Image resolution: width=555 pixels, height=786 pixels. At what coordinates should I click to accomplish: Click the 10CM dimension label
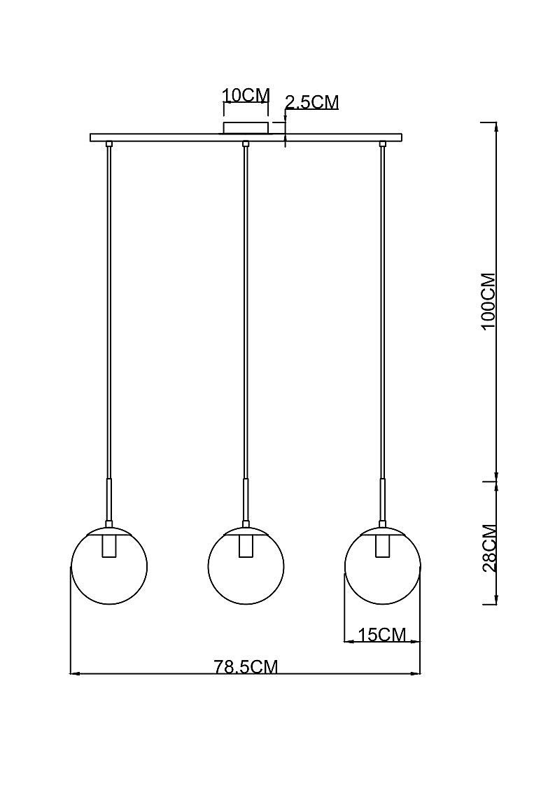[x=246, y=94]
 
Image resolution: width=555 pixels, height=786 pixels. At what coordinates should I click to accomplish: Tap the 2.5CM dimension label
[x=312, y=101]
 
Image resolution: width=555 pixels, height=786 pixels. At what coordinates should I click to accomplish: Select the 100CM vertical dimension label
[x=488, y=301]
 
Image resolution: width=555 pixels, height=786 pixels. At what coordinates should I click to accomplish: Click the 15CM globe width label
[x=382, y=635]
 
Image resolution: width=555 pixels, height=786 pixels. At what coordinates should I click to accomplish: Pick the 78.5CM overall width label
[x=246, y=667]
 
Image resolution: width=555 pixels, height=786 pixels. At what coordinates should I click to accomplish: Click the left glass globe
[x=109, y=566]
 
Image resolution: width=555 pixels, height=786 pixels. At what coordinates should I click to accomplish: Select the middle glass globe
[x=246, y=566]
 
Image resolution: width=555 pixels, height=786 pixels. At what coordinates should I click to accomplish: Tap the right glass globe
[x=383, y=566]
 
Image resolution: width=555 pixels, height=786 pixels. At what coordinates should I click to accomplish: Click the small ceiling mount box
[x=246, y=127]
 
